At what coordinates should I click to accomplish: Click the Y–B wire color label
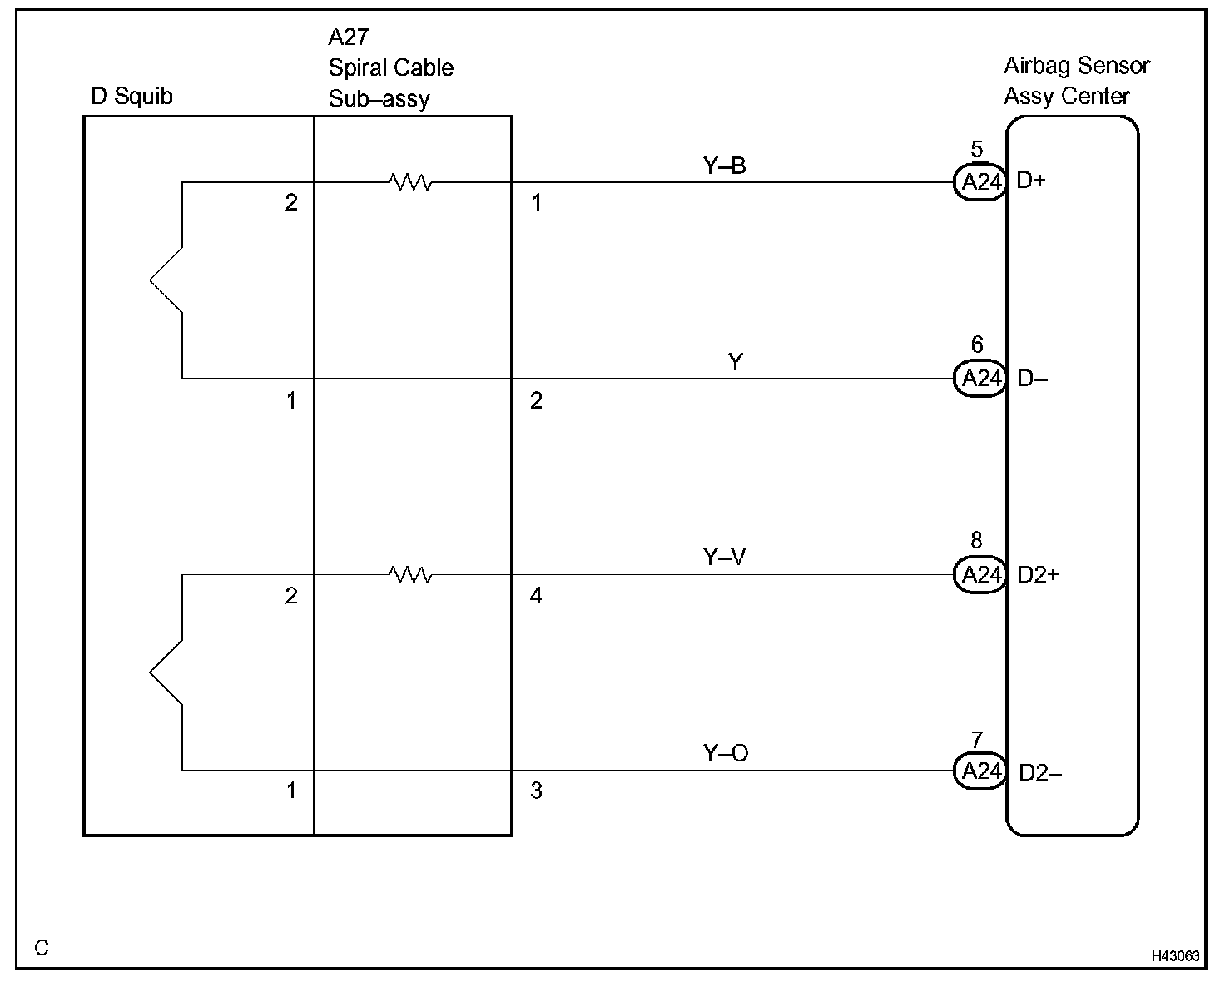(x=725, y=166)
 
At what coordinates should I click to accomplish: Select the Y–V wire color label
(x=725, y=557)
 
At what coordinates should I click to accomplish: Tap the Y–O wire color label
(x=726, y=754)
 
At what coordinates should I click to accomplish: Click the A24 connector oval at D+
(x=980, y=182)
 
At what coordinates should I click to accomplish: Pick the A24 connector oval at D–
(x=980, y=379)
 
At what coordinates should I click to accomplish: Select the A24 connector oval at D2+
(x=980, y=575)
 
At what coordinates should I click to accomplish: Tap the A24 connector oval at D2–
(x=980, y=771)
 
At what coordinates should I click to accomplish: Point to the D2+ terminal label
(x=1038, y=575)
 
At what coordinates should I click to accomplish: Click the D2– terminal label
(x=1039, y=773)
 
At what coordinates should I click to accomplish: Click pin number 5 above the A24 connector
(x=977, y=150)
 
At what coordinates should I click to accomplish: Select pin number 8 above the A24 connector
(x=977, y=541)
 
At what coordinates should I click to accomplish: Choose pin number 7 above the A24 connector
(x=977, y=739)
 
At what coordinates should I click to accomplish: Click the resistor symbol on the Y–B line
(x=410, y=182)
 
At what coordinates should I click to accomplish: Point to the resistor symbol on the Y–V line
(x=410, y=574)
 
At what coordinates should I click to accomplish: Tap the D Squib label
(x=131, y=97)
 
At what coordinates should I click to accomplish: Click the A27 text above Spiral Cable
(x=349, y=37)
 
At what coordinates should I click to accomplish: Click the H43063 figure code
(x=1176, y=956)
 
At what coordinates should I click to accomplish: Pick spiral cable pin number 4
(x=536, y=596)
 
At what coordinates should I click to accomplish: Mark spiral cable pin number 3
(x=536, y=791)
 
